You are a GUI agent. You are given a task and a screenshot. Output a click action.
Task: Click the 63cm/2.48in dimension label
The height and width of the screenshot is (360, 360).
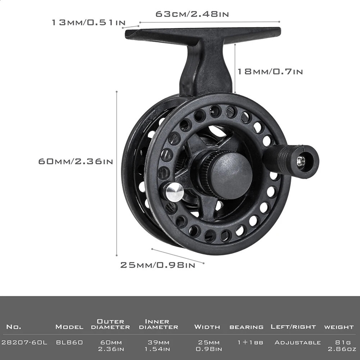(x=192, y=14)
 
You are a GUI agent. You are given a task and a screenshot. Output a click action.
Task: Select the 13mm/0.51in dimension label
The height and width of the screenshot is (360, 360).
(x=88, y=23)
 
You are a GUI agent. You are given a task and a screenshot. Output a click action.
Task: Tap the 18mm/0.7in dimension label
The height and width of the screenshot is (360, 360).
(x=270, y=72)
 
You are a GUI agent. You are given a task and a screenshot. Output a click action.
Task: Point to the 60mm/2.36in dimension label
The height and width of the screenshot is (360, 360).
(x=76, y=161)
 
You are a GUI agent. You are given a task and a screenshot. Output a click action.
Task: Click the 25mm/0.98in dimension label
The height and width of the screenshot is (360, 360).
(x=158, y=265)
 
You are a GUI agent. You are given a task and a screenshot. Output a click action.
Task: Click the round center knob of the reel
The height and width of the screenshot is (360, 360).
(x=231, y=173)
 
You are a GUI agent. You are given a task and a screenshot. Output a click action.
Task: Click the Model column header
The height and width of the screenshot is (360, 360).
(x=69, y=327)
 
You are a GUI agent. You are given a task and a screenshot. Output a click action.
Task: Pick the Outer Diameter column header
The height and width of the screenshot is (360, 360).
(x=111, y=324)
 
